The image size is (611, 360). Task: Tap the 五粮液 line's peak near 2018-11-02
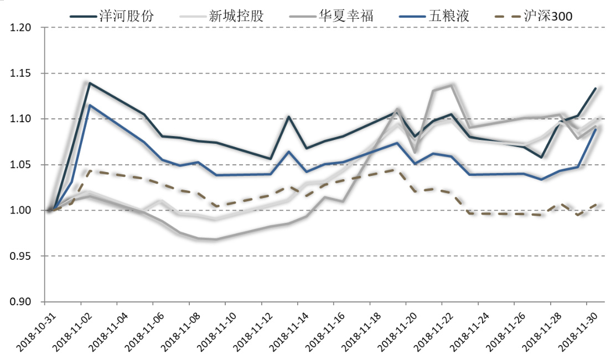coord(90,105)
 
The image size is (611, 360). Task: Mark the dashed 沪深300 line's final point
coord(596,205)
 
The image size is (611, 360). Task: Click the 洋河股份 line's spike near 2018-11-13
coord(288,116)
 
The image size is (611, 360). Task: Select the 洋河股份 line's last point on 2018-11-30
coord(596,88)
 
